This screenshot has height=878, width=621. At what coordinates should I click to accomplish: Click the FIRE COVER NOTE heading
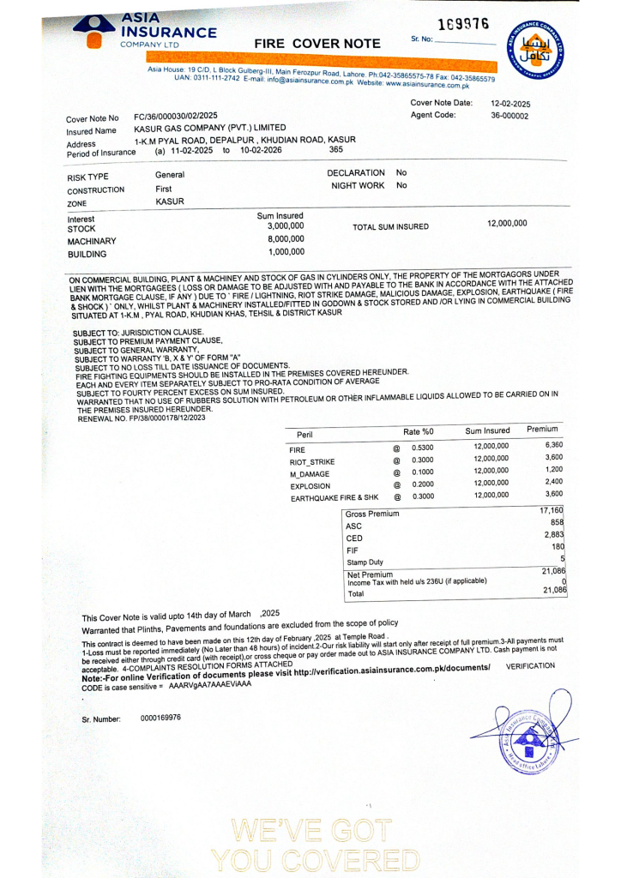point(317,43)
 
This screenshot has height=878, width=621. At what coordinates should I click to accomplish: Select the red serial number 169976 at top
point(463,23)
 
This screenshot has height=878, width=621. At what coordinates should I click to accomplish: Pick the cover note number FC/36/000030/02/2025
point(176,116)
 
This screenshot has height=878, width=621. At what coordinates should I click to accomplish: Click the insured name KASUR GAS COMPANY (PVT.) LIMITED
point(210,128)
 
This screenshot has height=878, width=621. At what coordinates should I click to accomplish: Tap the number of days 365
point(336,150)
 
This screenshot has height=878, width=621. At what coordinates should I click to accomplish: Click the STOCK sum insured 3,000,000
point(286,226)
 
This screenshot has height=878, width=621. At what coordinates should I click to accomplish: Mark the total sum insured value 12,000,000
point(507,223)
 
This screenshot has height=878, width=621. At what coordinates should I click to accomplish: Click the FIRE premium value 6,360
point(553,445)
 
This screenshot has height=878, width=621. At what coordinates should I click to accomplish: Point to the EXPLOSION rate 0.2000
point(422,484)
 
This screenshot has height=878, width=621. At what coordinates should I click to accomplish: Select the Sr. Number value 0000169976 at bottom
point(160,718)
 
